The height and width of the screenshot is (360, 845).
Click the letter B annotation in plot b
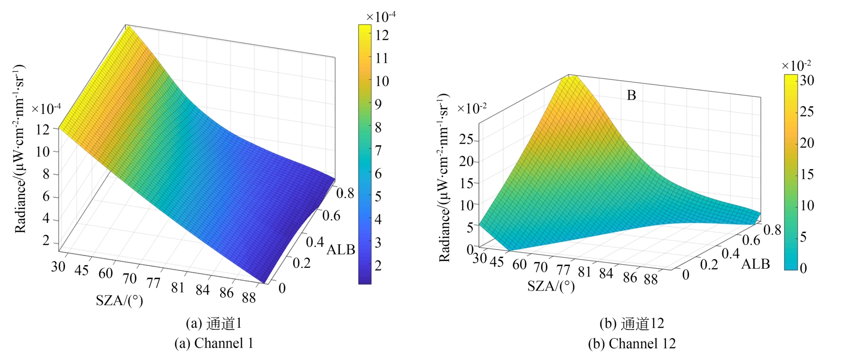631,95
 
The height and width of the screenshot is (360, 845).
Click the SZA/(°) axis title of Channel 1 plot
119,300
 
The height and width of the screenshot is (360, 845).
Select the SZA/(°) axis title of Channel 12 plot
551,286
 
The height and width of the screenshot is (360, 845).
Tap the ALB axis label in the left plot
341,250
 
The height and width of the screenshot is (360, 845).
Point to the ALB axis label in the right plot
755,264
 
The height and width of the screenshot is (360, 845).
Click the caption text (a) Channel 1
214,343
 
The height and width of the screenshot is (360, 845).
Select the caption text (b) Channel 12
631,343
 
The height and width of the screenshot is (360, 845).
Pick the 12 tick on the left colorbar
382,35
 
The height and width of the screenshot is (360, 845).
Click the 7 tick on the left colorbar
378,150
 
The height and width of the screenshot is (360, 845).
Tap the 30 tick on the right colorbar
807,80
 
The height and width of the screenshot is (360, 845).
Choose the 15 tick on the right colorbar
807,174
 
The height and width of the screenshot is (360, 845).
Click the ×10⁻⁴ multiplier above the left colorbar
381,16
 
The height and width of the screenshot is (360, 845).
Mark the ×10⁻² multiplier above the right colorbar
796,65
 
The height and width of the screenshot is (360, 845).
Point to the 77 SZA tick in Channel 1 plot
153,282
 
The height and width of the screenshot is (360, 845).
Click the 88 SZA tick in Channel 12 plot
651,279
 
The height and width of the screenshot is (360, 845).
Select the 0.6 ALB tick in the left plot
331,216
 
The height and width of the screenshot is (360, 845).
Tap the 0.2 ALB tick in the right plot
709,264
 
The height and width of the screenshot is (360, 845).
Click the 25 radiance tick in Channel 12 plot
466,140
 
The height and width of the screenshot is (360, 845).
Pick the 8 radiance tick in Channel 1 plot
45,174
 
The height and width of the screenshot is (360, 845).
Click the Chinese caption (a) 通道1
214,324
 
